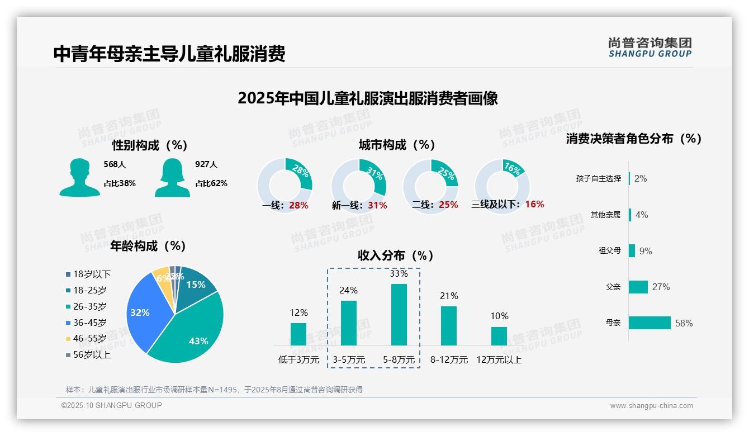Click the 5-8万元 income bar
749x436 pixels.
pos(399,315)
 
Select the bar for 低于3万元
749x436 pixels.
pos(298,334)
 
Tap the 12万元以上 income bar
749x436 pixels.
pos(499,336)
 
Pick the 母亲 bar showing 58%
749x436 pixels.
pos(650,323)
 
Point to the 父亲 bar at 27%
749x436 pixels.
pos(638,287)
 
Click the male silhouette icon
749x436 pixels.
pos(79,177)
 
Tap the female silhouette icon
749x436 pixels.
pos(172,177)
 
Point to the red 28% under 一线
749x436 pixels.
pos(298,205)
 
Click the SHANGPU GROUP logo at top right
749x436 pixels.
pos(650,48)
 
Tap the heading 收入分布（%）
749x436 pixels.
pos(396,255)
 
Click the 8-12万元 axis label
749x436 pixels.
pos(449,360)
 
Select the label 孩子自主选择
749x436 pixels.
pos(598,178)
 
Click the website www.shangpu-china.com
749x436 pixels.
pos(651,406)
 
